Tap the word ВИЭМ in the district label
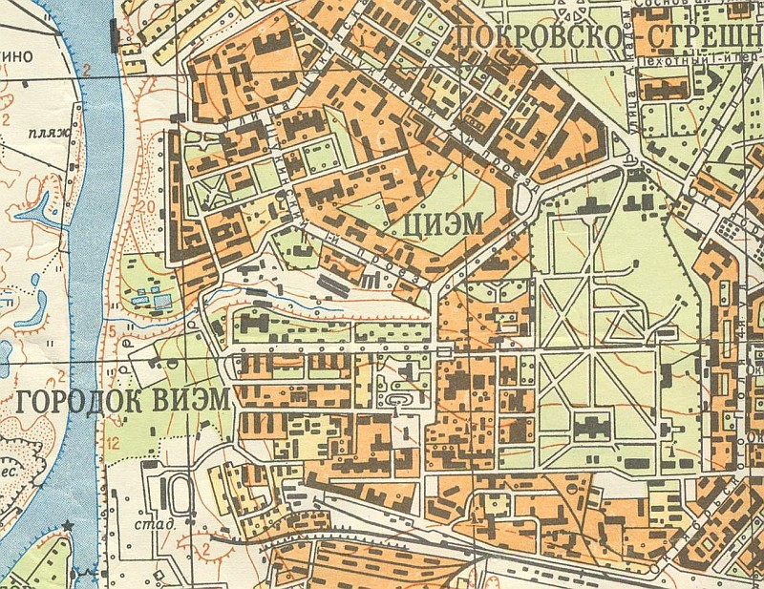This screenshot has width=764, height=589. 191,401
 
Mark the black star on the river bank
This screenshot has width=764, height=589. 68,526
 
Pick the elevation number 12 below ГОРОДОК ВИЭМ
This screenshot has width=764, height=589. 113,441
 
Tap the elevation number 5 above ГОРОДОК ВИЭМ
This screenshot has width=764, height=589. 112,331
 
